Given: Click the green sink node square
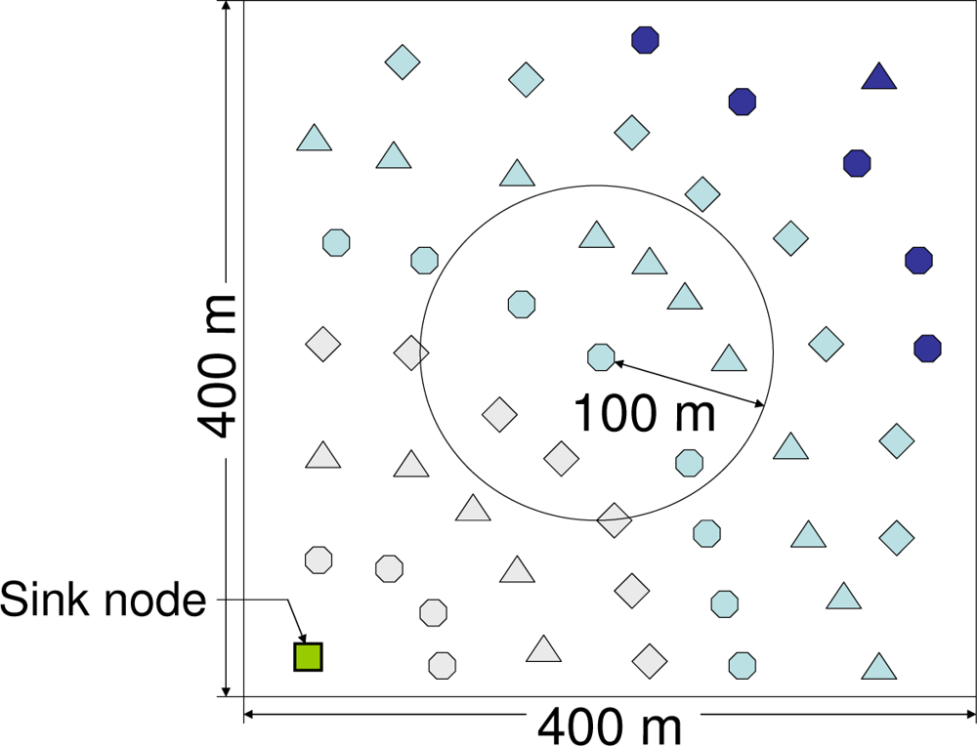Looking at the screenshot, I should (308, 656).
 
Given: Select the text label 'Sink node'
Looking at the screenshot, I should (104, 599).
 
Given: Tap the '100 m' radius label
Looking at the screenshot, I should (644, 413).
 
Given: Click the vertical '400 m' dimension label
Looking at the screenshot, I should (216, 365).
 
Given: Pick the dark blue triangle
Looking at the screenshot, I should (879, 77).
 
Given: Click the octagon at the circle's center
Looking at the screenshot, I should (601, 357).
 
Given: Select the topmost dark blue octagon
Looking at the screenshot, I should (645, 40).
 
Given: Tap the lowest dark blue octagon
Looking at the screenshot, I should (927, 348).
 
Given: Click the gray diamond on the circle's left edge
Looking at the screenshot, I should (411, 352).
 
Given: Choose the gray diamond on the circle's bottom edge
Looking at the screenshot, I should (615, 520).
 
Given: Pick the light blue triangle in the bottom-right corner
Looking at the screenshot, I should (879, 667).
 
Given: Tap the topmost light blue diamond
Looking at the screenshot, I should (402, 62).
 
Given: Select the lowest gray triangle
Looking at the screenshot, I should (543, 649).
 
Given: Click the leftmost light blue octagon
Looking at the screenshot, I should (336, 241).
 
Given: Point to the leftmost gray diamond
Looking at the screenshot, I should (322, 344).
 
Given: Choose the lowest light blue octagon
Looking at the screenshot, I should (743, 665).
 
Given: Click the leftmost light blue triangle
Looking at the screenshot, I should (314, 139).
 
